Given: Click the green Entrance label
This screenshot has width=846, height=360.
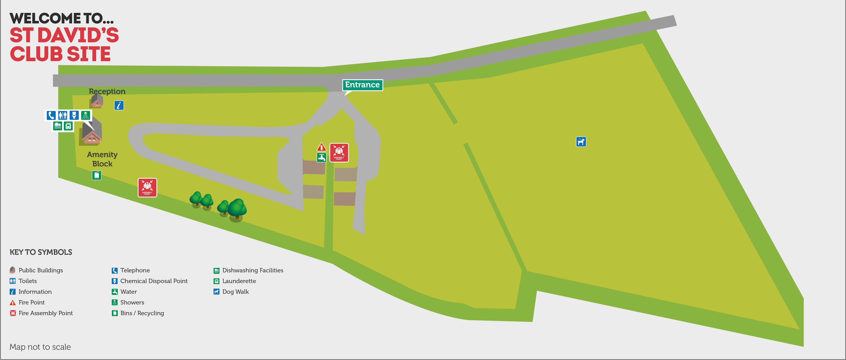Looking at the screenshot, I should pos(362,85).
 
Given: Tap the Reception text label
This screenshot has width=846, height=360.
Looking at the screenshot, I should pos(107,91).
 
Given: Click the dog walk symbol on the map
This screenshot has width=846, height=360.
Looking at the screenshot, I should pos(581,142).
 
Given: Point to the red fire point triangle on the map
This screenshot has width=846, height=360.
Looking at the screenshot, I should pos(321,147).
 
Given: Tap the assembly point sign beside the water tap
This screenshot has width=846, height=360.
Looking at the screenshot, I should pos(339,152).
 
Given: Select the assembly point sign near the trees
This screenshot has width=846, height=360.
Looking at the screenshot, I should pos(147,188).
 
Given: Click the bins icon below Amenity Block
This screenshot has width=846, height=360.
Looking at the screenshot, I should pos(97,175).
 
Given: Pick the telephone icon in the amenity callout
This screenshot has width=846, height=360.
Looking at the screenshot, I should pos(51,115).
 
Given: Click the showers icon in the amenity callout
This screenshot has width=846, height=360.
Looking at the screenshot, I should pos(85,115).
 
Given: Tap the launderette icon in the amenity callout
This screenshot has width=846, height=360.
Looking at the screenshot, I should pos(68,126).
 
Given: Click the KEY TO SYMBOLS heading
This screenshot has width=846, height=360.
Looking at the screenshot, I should pos(41,252).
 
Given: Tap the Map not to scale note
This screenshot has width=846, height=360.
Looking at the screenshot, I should pos(40,347).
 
